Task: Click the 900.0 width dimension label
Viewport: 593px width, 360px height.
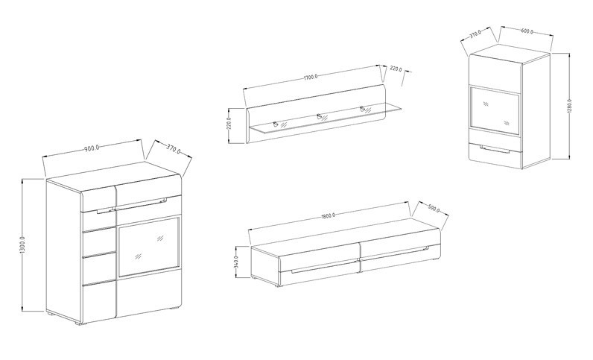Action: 92,148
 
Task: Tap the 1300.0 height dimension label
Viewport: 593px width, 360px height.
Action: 22,245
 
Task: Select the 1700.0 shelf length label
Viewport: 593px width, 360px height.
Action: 311,78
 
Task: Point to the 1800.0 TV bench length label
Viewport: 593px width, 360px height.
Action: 328,215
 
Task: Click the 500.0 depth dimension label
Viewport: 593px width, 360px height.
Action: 434,209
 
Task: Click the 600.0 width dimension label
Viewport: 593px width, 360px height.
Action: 527,31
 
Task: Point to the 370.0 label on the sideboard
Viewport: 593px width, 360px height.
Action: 174,149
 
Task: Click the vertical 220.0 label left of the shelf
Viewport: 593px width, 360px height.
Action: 229,124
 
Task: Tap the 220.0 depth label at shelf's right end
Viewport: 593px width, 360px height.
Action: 396,69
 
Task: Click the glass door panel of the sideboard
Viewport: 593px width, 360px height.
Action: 149,247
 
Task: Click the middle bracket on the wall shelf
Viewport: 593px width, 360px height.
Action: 320,116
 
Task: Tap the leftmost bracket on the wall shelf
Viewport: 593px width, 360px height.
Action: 276,124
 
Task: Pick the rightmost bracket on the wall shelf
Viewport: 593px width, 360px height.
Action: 364,110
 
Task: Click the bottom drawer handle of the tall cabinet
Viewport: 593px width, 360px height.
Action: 495,150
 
